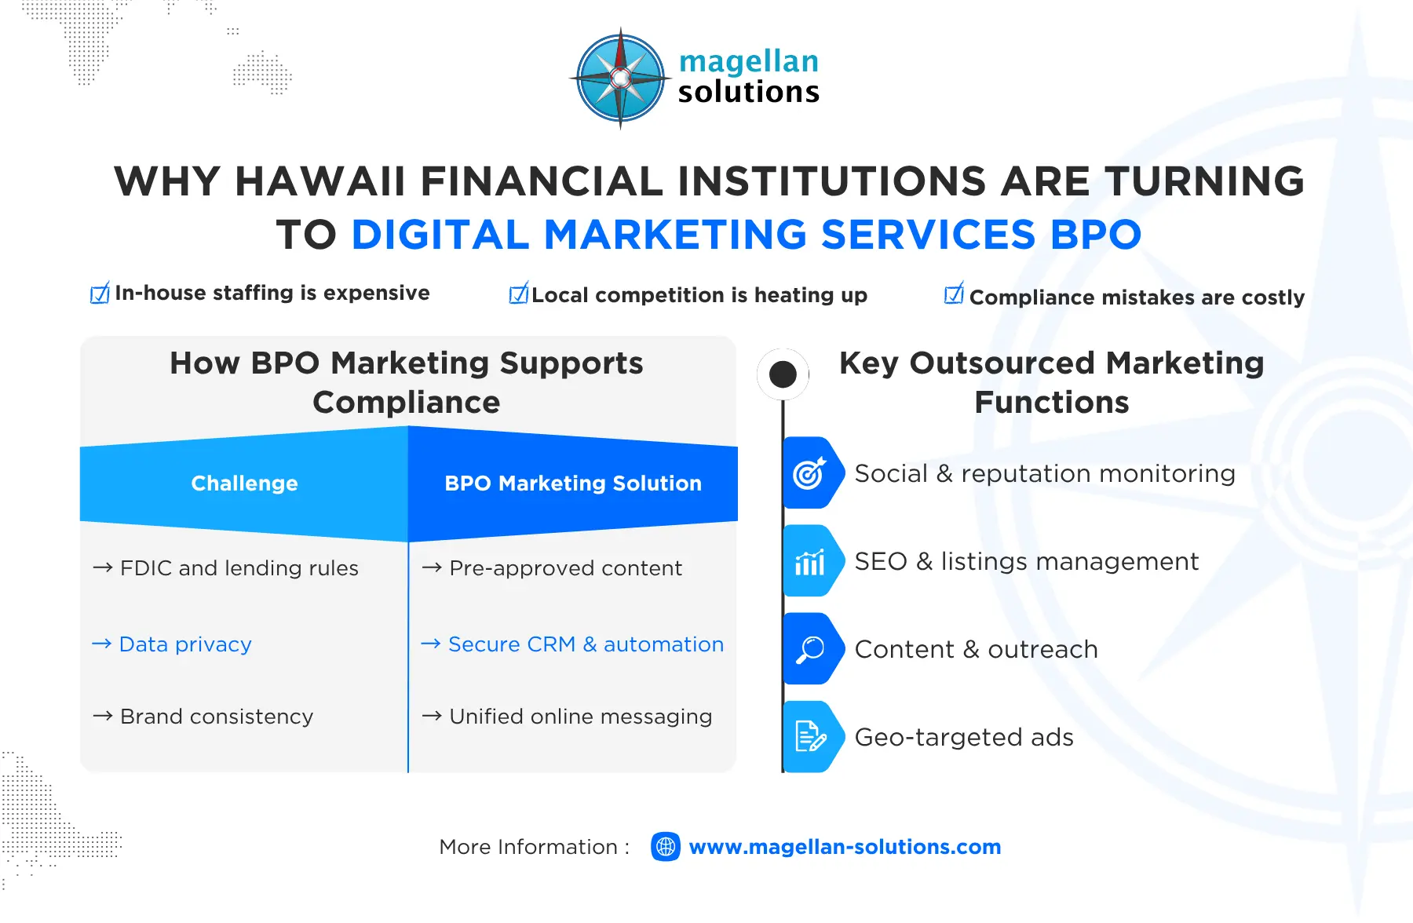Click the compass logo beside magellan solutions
(x=620, y=78)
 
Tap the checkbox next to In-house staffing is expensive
(x=100, y=294)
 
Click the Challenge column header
(x=244, y=483)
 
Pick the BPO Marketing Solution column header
(x=573, y=483)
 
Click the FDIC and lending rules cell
(x=239, y=568)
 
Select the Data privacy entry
(x=185, y=644)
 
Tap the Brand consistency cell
(x=216, y=717)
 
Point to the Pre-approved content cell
(x=565, y=568)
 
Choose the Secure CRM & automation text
(x=586, y=644)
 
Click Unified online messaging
(x=580, y=717)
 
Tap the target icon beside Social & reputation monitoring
(x=809, y=473)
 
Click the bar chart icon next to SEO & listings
(x=809, y=562)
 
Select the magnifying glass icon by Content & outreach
(x=809, y=649)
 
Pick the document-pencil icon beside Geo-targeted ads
(x=809, y=737)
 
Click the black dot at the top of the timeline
(x=783, y=374)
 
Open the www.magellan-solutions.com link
(x=845, y=847)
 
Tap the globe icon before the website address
(x=666, y=847)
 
